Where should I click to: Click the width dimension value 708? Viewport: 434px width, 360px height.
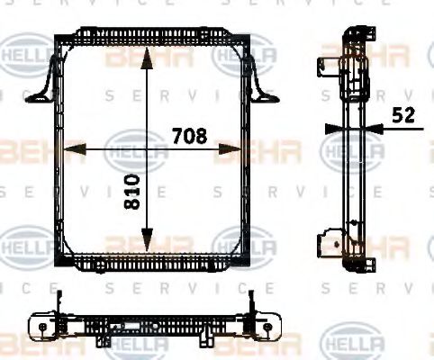[189, 136]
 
